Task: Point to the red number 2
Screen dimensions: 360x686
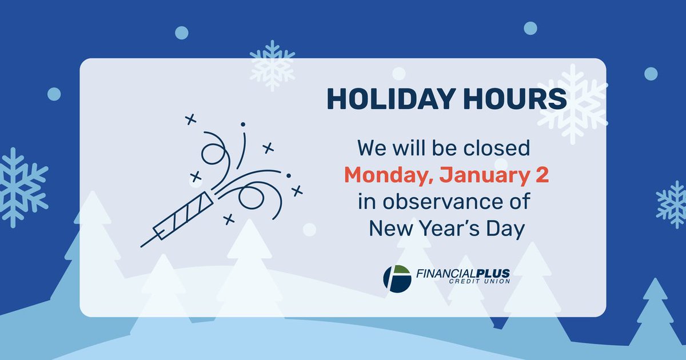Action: pos(542,175)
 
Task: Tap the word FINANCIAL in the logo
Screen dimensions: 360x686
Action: pos(445,274)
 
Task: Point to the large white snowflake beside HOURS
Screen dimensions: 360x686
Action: pos(572,103)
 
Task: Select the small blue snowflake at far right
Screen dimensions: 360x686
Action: pos(672,205)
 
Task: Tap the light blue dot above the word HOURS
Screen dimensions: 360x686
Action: pos(531,28)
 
